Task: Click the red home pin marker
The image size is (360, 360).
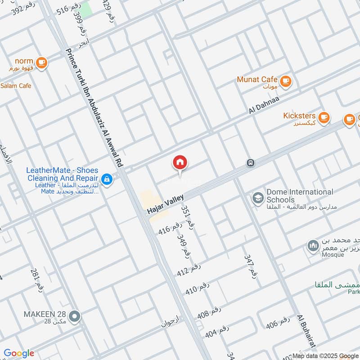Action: click(180, 163)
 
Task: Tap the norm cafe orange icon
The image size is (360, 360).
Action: click(41, 63)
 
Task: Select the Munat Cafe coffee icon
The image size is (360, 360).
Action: click(285, 81)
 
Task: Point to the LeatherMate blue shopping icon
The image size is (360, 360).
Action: click(107, 179)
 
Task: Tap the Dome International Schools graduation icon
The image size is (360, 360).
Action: click(258, 198)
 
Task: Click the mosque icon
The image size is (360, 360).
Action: click(312, 246)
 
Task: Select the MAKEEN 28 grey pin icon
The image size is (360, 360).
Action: click(76, 316)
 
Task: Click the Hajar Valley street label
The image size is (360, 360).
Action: click(165, 205)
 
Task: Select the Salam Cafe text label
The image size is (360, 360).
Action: click(16, 85)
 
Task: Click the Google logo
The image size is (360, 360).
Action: click(19, 353)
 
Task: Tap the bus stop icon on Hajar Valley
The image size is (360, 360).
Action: click(250, 163)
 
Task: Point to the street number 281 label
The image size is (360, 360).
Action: click(37, 279)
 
